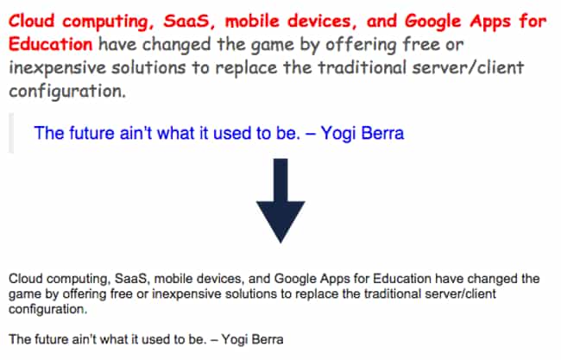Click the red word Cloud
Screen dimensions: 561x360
[x=31, y=21]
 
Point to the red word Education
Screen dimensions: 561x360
[x=50, y=44]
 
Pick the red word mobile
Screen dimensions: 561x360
[x=252, y=21]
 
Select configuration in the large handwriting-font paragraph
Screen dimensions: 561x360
[x=67, y=92]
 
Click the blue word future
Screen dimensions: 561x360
[x=91, y=133]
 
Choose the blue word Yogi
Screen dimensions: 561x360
[x=338, y=134]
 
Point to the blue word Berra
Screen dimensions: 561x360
[x=382, y=133]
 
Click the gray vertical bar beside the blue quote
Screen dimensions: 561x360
[x=11, y=133]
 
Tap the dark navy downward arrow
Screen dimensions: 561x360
[x=280, y=201]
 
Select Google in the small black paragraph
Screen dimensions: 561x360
[x=295, y=279]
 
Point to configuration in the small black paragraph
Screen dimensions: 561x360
[x=47, y=310]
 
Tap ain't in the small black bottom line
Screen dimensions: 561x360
[x=85, y=339]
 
